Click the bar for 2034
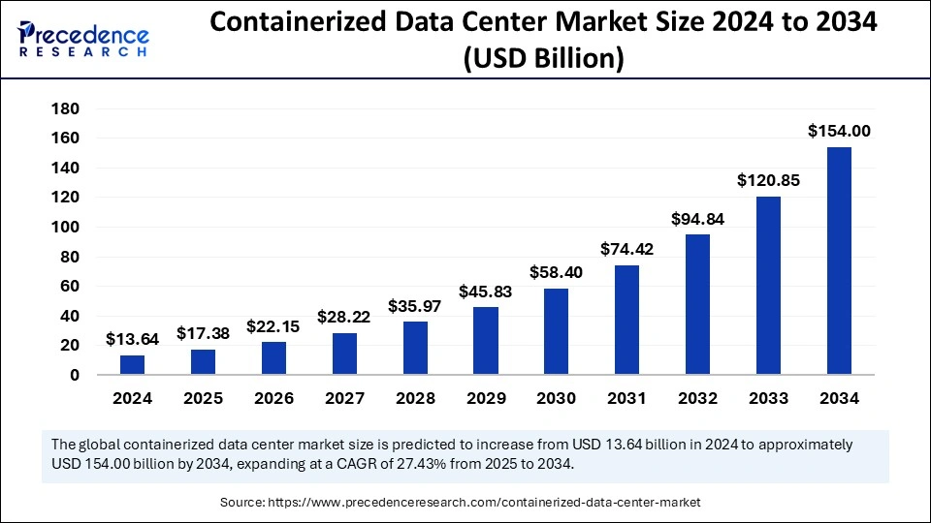click(839, 261)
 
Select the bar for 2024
click(132, 364)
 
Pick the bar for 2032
click(697, 304)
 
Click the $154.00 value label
click(839, 132)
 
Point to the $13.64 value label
click(132, 339)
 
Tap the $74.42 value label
click(627, 249)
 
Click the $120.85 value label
click(768, 180)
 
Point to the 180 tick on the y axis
click(66, 108)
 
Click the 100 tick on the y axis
click(66, 228)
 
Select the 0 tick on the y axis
click(75, 376)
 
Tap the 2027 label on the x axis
click(344, 398)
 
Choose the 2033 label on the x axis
click(768, 398)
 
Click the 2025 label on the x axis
click(203, 398)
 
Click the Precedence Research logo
click(83, 39)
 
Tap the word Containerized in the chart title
click(292, 24)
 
